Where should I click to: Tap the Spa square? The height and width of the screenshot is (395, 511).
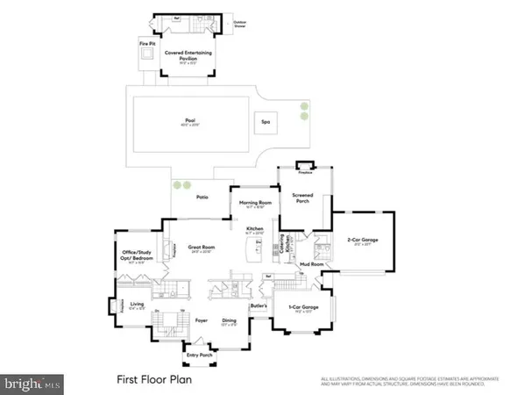263,123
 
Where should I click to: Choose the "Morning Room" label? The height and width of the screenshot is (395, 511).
252,204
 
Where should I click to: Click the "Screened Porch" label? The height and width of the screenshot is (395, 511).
302,197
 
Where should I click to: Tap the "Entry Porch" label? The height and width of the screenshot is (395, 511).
200,355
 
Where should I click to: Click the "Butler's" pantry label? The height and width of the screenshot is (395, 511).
258,305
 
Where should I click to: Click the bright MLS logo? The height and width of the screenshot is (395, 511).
32,384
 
